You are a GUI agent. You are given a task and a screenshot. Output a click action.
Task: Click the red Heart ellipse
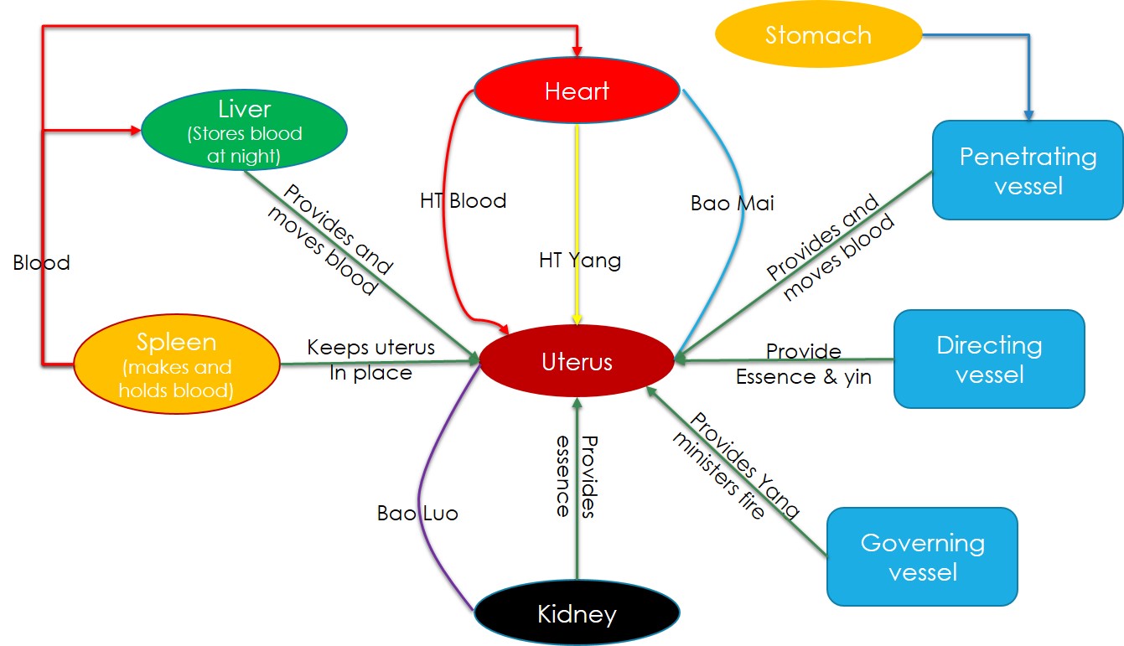(x=576, y=90)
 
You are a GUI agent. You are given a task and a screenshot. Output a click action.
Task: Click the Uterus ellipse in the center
(x=577, y=363)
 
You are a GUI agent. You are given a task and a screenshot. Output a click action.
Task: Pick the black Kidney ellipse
(x=577, y=614)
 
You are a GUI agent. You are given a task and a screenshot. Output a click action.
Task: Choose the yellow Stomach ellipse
(x=818, y=35)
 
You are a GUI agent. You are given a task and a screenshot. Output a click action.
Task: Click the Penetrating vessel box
(x=1028, y=171)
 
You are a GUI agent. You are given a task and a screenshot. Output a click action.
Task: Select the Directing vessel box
(x=989, y=359)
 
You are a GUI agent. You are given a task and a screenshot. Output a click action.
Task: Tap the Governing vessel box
(x=922, y=557)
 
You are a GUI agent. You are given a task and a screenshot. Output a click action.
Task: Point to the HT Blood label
(x=463, y=201)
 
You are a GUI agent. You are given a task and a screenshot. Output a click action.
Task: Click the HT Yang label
(x=580, y=261)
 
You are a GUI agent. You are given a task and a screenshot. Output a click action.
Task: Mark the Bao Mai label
(x=732, y=203)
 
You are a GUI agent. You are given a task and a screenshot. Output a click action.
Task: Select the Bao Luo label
(x=417, y=513)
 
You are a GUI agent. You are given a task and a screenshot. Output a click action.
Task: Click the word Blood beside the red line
(x=41, y=263)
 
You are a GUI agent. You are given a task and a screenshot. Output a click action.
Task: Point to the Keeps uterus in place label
(x=370, y=359)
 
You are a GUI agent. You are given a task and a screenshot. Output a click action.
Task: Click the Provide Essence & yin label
(x=803, y=364)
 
